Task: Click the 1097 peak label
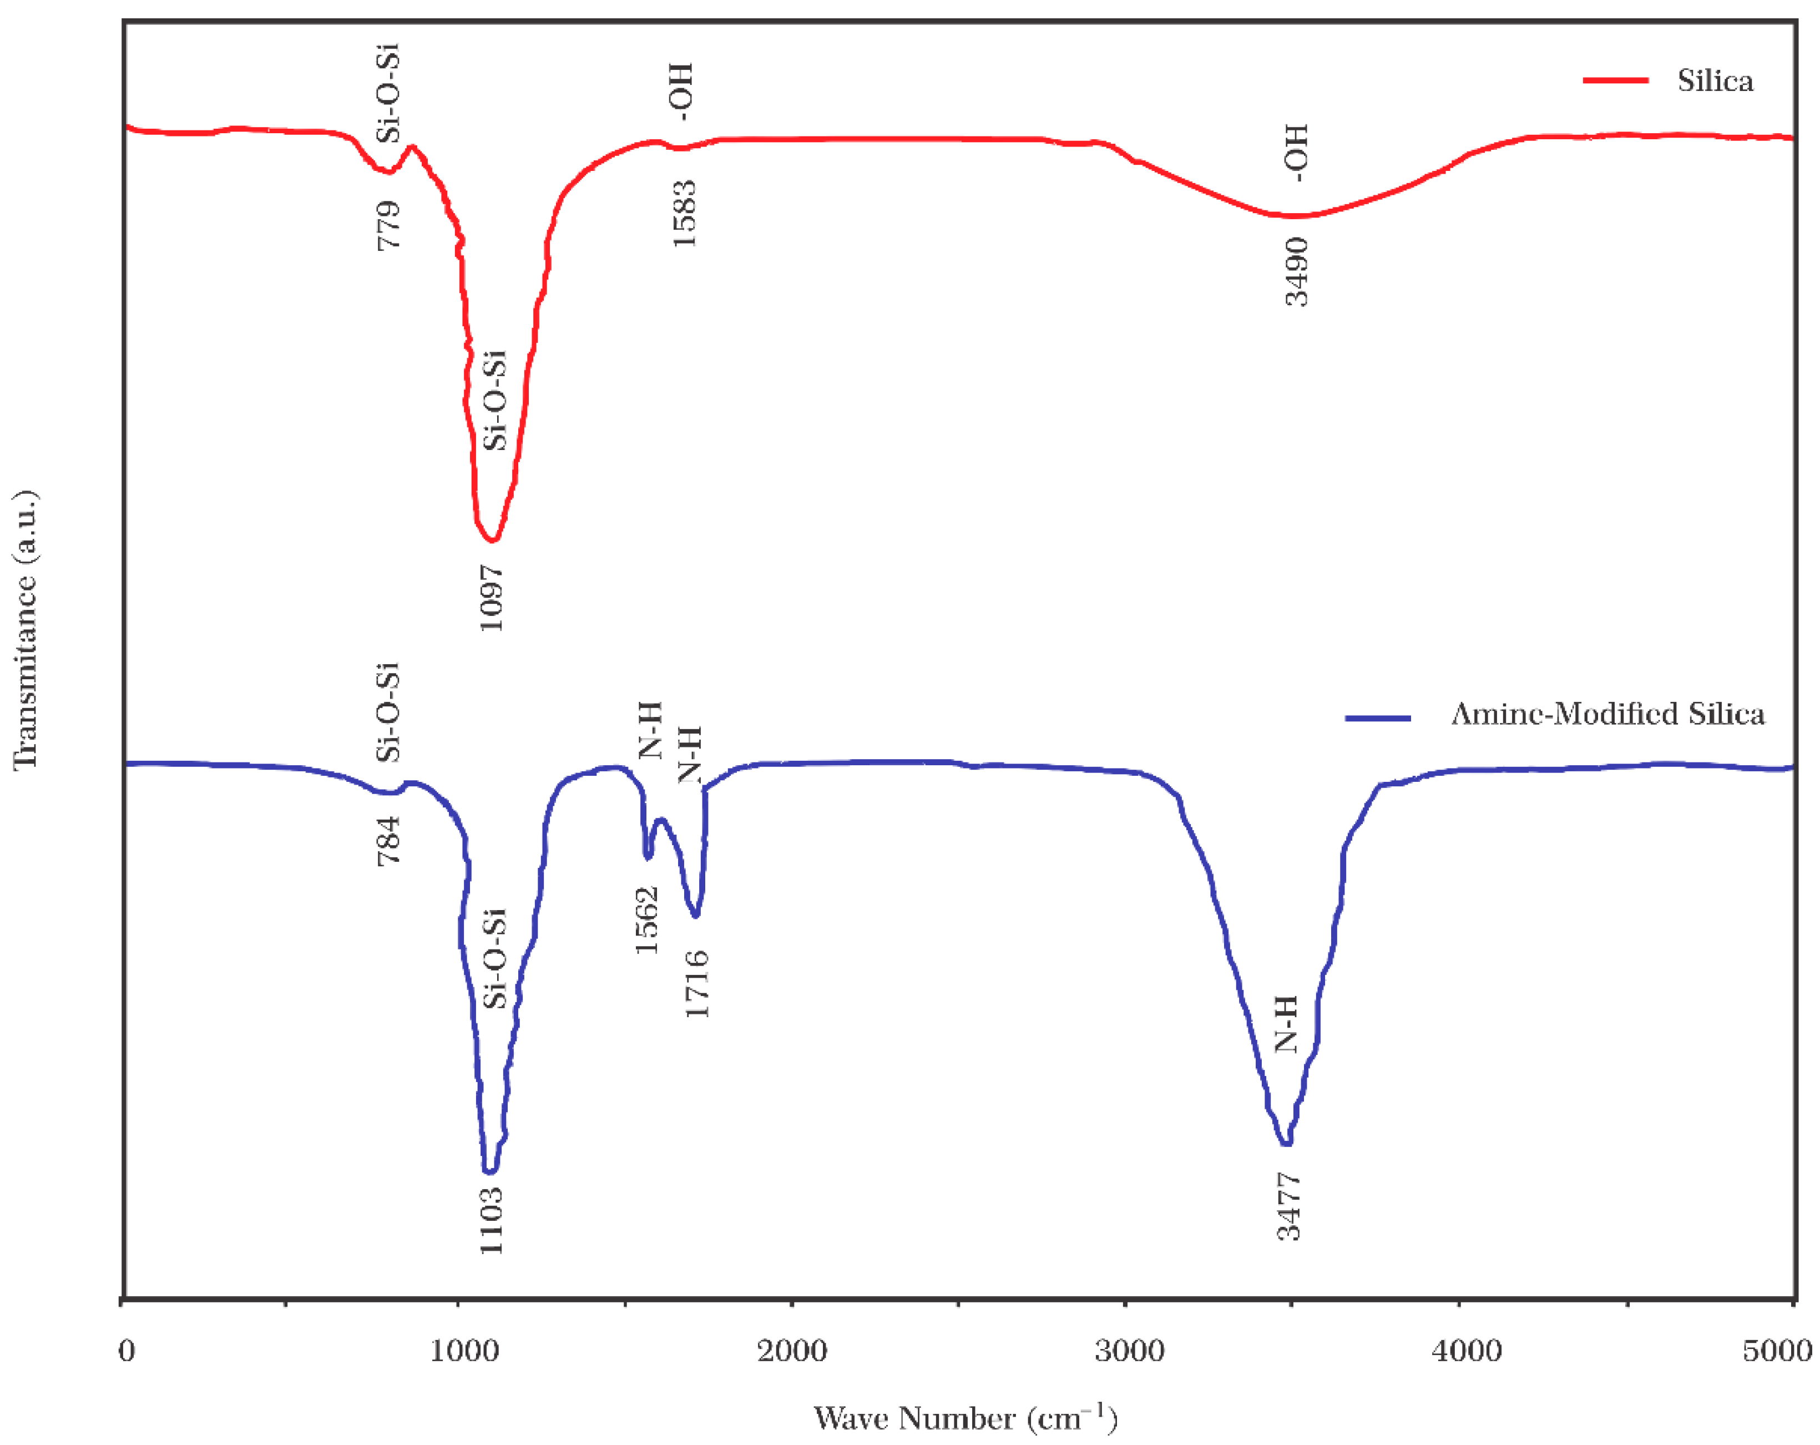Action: tap(491, 598)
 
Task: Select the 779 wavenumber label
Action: tap(388, 225)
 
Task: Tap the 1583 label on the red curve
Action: tap(684, 214)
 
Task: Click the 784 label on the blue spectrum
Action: tap(388, 841)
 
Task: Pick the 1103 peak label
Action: tap(491, 1220)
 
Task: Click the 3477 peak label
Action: tap(1288, 1207)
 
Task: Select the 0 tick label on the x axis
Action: tap(127, 1351)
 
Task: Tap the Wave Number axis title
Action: tap(965, 1418)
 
